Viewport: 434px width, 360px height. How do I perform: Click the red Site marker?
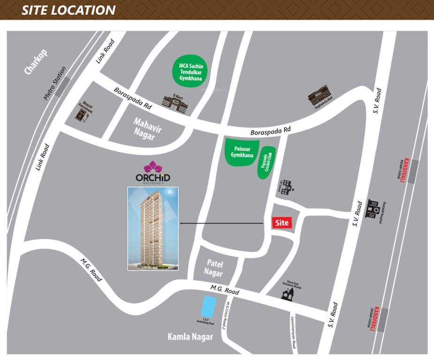(x=282, y=223)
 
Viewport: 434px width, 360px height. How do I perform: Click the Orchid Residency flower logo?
(x=152, y=167)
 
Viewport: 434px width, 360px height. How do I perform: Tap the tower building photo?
(x=153, y=228)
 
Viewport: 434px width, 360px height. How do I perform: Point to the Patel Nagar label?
(x=213, y=268)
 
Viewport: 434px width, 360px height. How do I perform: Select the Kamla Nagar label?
(x=190, y=337)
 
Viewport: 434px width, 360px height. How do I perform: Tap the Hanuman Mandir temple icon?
(x=288, y=293)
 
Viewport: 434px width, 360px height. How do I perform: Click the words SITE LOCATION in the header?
(x=69, y=10)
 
